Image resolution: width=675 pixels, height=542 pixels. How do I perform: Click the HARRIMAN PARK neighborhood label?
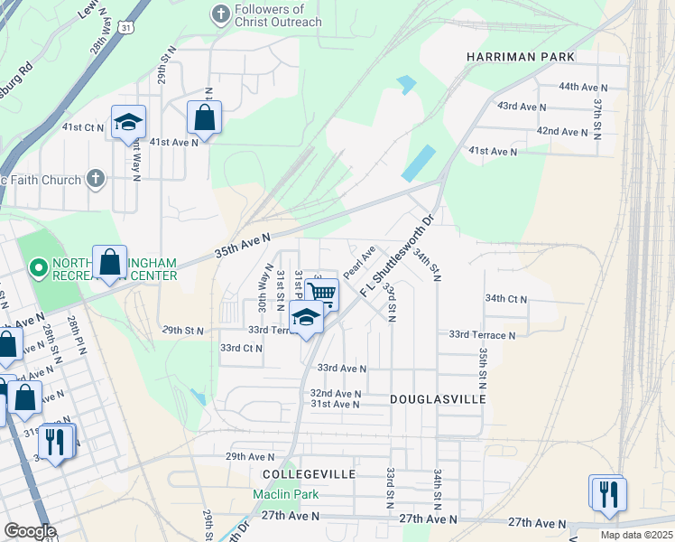(x=521, y=57)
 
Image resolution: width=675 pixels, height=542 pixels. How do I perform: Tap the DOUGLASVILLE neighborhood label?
(x=438, y=398)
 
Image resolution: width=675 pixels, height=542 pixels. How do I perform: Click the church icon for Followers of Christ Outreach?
(x=219, y=14)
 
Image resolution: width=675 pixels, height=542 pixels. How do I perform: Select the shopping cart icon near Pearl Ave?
(x=321, y=291)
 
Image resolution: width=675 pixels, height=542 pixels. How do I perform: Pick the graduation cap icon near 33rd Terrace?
(x=306, y=318)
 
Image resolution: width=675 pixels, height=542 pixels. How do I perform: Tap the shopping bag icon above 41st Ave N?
(x=205, y=117)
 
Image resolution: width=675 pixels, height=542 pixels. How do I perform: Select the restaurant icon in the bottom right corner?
(x=610, y=493)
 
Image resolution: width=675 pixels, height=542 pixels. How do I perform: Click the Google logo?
(x=29, y=531)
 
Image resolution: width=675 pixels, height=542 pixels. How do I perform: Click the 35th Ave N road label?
(x=243, y=243)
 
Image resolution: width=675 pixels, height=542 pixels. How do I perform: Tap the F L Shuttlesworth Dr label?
(x=398, y=257)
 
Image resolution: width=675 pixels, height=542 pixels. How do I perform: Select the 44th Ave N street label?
(x=584, y=87)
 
